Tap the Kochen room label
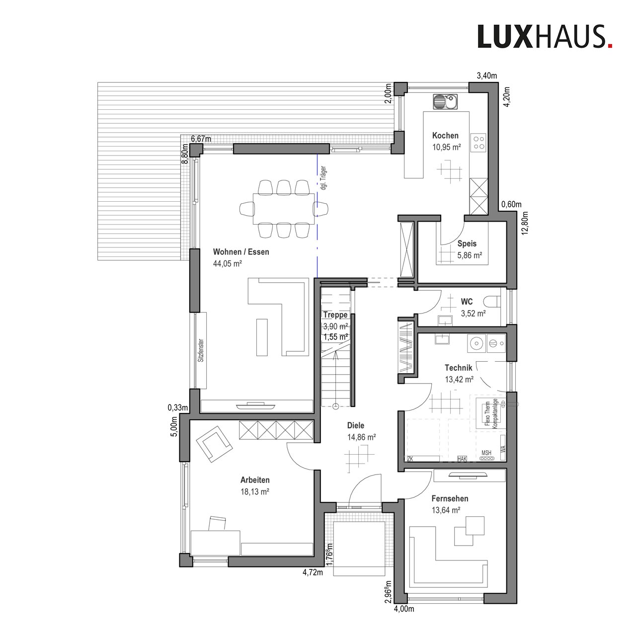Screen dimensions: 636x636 (445, 135)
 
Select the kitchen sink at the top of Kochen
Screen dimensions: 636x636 (445, 102)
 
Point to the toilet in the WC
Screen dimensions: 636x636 (491, 301)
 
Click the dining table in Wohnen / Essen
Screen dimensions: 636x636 (284, 209)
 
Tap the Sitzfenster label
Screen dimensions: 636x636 (201, 350)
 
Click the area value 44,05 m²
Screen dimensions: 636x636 (228, 263)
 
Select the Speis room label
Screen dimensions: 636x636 (467, 243)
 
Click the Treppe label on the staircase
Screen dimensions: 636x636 (336, 315)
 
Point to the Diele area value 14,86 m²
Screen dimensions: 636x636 (361, 437)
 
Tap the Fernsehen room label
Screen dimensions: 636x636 (450, 498)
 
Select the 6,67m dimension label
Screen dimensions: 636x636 (201, 139)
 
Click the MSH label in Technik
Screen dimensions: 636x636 (486, 453)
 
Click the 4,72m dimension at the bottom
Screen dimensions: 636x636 (313, 572)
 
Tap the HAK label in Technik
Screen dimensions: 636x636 (462, 459)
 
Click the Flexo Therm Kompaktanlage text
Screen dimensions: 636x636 (490, 414)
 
